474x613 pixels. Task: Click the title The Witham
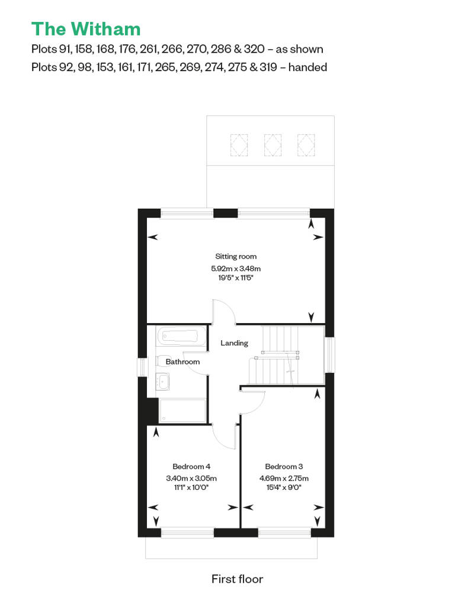click(86, 29)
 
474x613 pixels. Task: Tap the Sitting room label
click(236, 256)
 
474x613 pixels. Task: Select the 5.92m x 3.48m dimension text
click(236, 269)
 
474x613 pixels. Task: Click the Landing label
click(234, 343)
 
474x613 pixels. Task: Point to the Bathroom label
click(182, 362)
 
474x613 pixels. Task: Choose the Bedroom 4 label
click(191, 466)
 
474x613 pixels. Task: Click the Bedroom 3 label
click(284, 466)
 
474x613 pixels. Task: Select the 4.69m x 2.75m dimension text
click(284, 478)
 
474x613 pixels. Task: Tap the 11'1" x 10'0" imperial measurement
click(191, 488)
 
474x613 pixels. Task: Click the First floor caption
click(237, 579)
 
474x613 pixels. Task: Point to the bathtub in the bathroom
click(181, 336)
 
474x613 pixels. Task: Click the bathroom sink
click(163, 382)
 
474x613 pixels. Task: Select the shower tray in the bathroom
click(182, 411)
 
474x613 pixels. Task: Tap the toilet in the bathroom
click(161, 361)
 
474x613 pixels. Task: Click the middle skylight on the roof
click(273, 145)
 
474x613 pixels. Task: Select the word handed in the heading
click(308, 67)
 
